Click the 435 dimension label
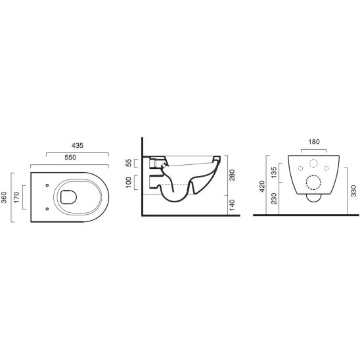[x=78, y=146]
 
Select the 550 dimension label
[x=70, y=158]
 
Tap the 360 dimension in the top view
[x=5, y=197]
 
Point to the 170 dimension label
[x=16, y=198]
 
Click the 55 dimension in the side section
[x=129, y=163]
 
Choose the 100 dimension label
[x=129, y=182]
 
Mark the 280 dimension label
[x=232, y=175]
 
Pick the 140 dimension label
[x=232, y=205]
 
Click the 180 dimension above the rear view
[x=314, y=142]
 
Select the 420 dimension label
[x=262, y=187]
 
